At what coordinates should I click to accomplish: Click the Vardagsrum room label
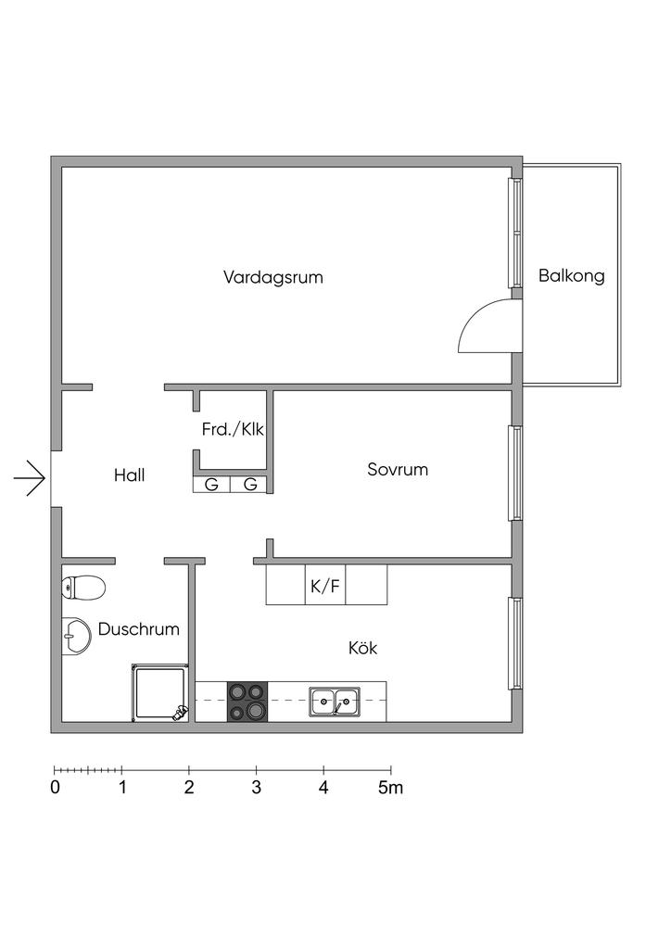click(x=273, y=277)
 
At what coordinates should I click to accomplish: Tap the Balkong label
click(x=571, y=275)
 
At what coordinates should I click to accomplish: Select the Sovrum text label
click(x=398, y=470)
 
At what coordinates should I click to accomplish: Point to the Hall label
click(x=129, y=475)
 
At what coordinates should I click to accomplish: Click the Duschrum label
click(x=138, y=629)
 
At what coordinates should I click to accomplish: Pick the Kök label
click(x=362, y=648)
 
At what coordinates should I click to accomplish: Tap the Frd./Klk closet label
click(x=233, y=430)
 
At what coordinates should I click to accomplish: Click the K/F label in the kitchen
click(x=325, y=586)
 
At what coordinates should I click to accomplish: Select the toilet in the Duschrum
click(x=83, y=587)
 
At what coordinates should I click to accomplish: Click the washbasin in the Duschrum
click(x=74, y=635)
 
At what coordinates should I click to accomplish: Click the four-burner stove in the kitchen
click(x=247, y=701)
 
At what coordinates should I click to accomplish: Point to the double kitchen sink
click(x=335, y=702)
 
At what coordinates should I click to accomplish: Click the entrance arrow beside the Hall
click(x=30, y=478)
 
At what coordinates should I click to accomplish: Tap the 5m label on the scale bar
click(x=390, y=789)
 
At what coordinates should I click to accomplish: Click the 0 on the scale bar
click(x=56, y=789)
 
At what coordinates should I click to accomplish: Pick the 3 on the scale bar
click(x=257, y=789)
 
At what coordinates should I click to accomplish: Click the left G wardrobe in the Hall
click(x=212, y=484)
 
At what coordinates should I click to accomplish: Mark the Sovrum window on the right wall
click(x=513, y=473)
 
